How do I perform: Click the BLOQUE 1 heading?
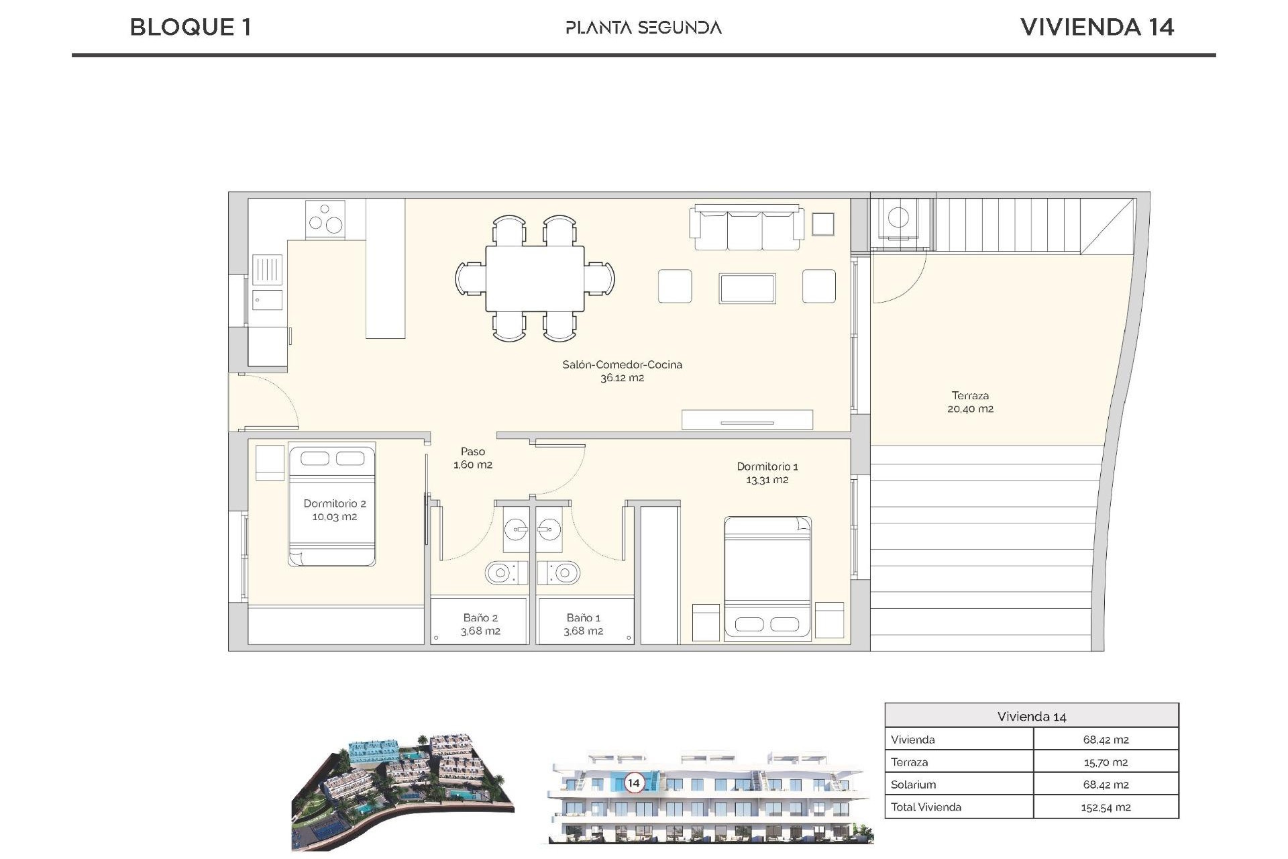[x=191, y=28]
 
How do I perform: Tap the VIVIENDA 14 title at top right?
[x=1096, y=28]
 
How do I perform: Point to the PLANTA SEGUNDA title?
[x=643, y=28]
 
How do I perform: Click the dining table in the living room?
[x=535, y=279]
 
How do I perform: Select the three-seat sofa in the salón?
[x=747, y=228]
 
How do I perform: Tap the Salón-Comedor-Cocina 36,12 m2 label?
[x=622, y=371]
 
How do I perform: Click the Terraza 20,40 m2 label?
[x=970, y=402]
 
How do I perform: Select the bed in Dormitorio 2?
[x=332, y=504]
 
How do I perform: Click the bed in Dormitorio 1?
[x=767, y=577]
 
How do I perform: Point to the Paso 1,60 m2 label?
[x=473, y=458]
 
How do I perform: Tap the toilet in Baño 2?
[x=500, y=573]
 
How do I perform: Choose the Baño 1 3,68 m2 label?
[x=583, y=624]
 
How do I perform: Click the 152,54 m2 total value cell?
[x=1105, y=807]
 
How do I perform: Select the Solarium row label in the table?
[x=913, y=785]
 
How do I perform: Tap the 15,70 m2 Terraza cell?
[x=1105, y=762]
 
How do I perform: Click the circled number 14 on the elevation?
[x=633, y=782]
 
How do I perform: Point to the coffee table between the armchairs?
[x=747, y=288]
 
